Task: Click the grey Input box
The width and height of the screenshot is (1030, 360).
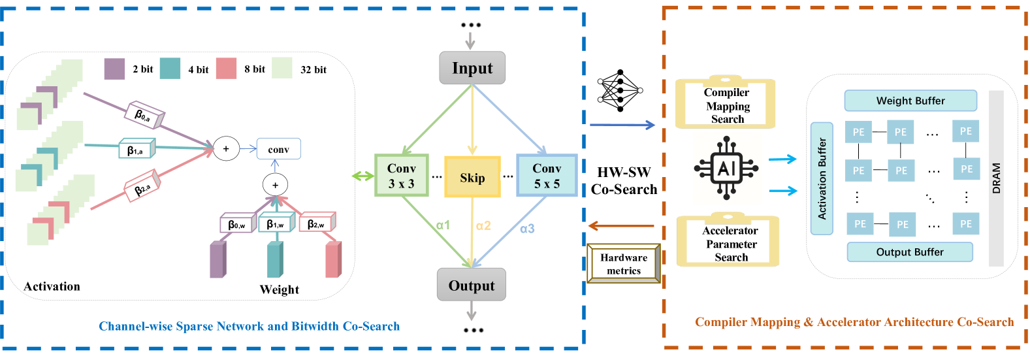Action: (x=472, y=67)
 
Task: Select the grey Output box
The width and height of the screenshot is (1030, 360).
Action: (x=472, y=285)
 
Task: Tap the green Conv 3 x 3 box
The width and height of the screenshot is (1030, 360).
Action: (x=402, y=175)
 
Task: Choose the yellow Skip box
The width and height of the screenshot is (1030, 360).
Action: (x=472, y=177)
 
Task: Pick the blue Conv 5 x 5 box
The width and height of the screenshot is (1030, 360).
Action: (x=547, y=175)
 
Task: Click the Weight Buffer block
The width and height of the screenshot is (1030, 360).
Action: (x=910, y=101)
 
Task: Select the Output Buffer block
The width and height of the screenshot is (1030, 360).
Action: (x=910, y=252)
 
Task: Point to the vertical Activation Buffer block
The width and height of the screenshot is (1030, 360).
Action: (x=822, y=178)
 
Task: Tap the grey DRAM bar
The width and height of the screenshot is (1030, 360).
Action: (x=996, y=178)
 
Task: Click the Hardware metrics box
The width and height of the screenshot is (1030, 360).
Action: (x=624, y=263)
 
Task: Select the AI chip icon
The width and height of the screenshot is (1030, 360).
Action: (x=726, y=168)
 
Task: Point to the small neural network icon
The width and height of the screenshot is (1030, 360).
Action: (x=620, y=91)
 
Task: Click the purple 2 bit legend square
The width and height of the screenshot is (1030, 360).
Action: (x=114, y=69)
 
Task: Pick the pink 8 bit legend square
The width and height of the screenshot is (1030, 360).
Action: (x=226, y=69)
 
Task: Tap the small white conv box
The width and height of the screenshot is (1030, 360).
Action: (x=279, y=149)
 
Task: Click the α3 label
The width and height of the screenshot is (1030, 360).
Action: (x=527, y=229)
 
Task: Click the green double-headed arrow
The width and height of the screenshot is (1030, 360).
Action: (x=362, y=176)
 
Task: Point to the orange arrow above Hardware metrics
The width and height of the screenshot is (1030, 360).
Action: (x=621, y=226)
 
